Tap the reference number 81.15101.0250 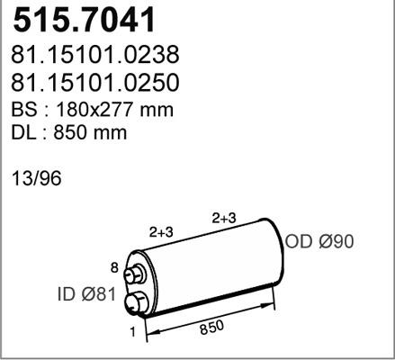94,82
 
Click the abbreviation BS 22,110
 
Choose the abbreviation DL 22,133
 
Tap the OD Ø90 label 320,241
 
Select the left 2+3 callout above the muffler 162,231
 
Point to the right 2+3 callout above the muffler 224,218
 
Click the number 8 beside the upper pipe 113,266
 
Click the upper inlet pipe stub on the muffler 136,275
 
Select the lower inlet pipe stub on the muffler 136,303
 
